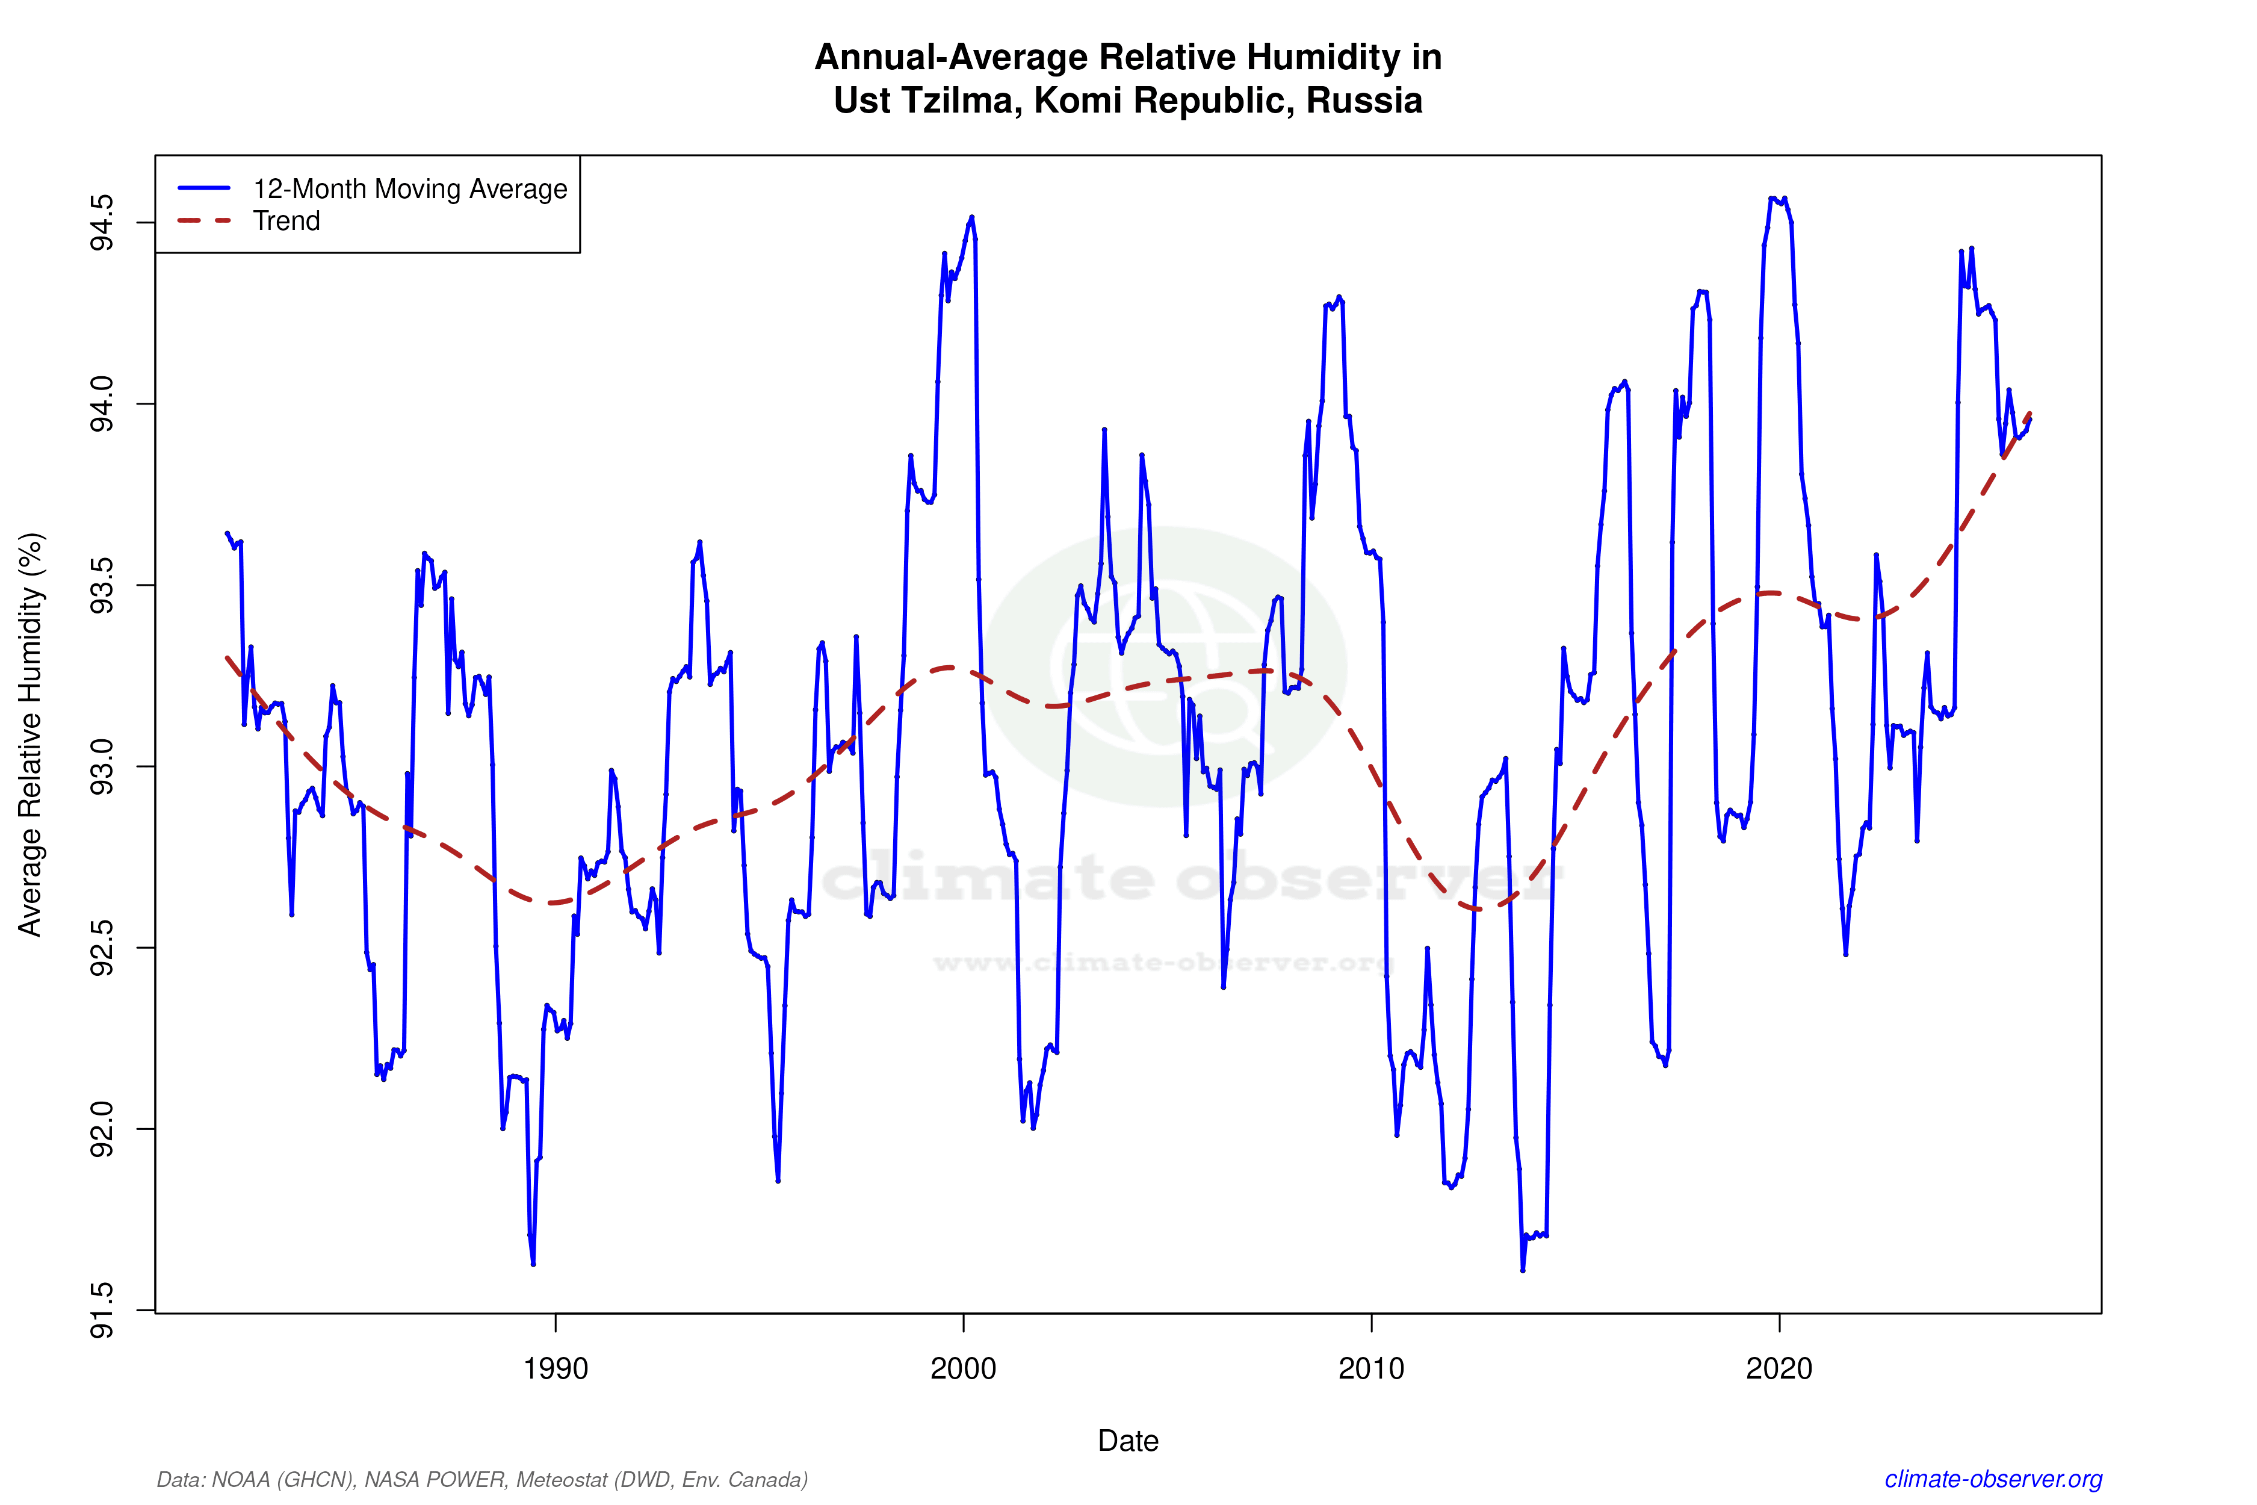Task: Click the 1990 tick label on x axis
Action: coord(555,1368)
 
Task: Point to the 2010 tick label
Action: coord(1371,1368)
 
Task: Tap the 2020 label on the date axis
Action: coord(1779,1368)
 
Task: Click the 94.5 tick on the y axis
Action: coord(101,223)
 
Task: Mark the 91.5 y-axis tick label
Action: coord(101,1310)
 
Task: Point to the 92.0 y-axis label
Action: coord(101,1129)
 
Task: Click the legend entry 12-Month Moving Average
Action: coord(410,189)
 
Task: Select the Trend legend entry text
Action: coord(286,221)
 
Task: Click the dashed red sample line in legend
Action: coord(205,221)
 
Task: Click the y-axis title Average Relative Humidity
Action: coord(31,734)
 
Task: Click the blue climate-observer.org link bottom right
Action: coord(1993,1479)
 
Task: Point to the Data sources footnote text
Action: coord(481,1479)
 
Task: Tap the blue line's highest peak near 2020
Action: coord(1771,199)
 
